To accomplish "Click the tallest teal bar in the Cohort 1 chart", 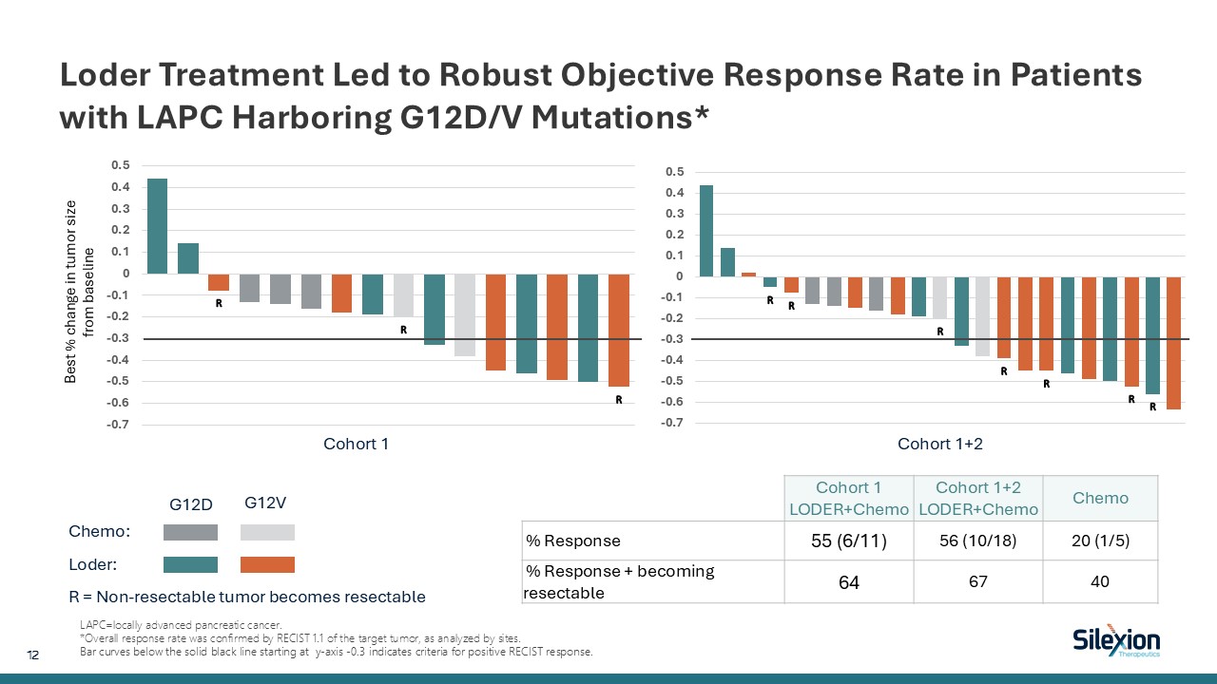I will pos(157,226).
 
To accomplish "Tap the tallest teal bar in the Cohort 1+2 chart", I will pos(706,231).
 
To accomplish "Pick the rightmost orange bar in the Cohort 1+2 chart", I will pos(1173,343).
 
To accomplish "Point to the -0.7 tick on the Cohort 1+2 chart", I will pos(673,423).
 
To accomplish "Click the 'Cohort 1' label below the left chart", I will pos(357,444).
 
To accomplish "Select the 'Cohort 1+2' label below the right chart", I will pos(940,444).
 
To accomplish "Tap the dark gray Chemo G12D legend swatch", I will pos(191,532).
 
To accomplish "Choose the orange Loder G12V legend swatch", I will pos(267,564).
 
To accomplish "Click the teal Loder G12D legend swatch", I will pos(191,564).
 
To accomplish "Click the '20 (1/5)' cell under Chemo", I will pos(1101,541).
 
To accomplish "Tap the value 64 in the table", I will pos(849,581).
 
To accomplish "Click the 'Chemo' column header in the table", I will pos(1101,498).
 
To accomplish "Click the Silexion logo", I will pos(1115,642).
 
